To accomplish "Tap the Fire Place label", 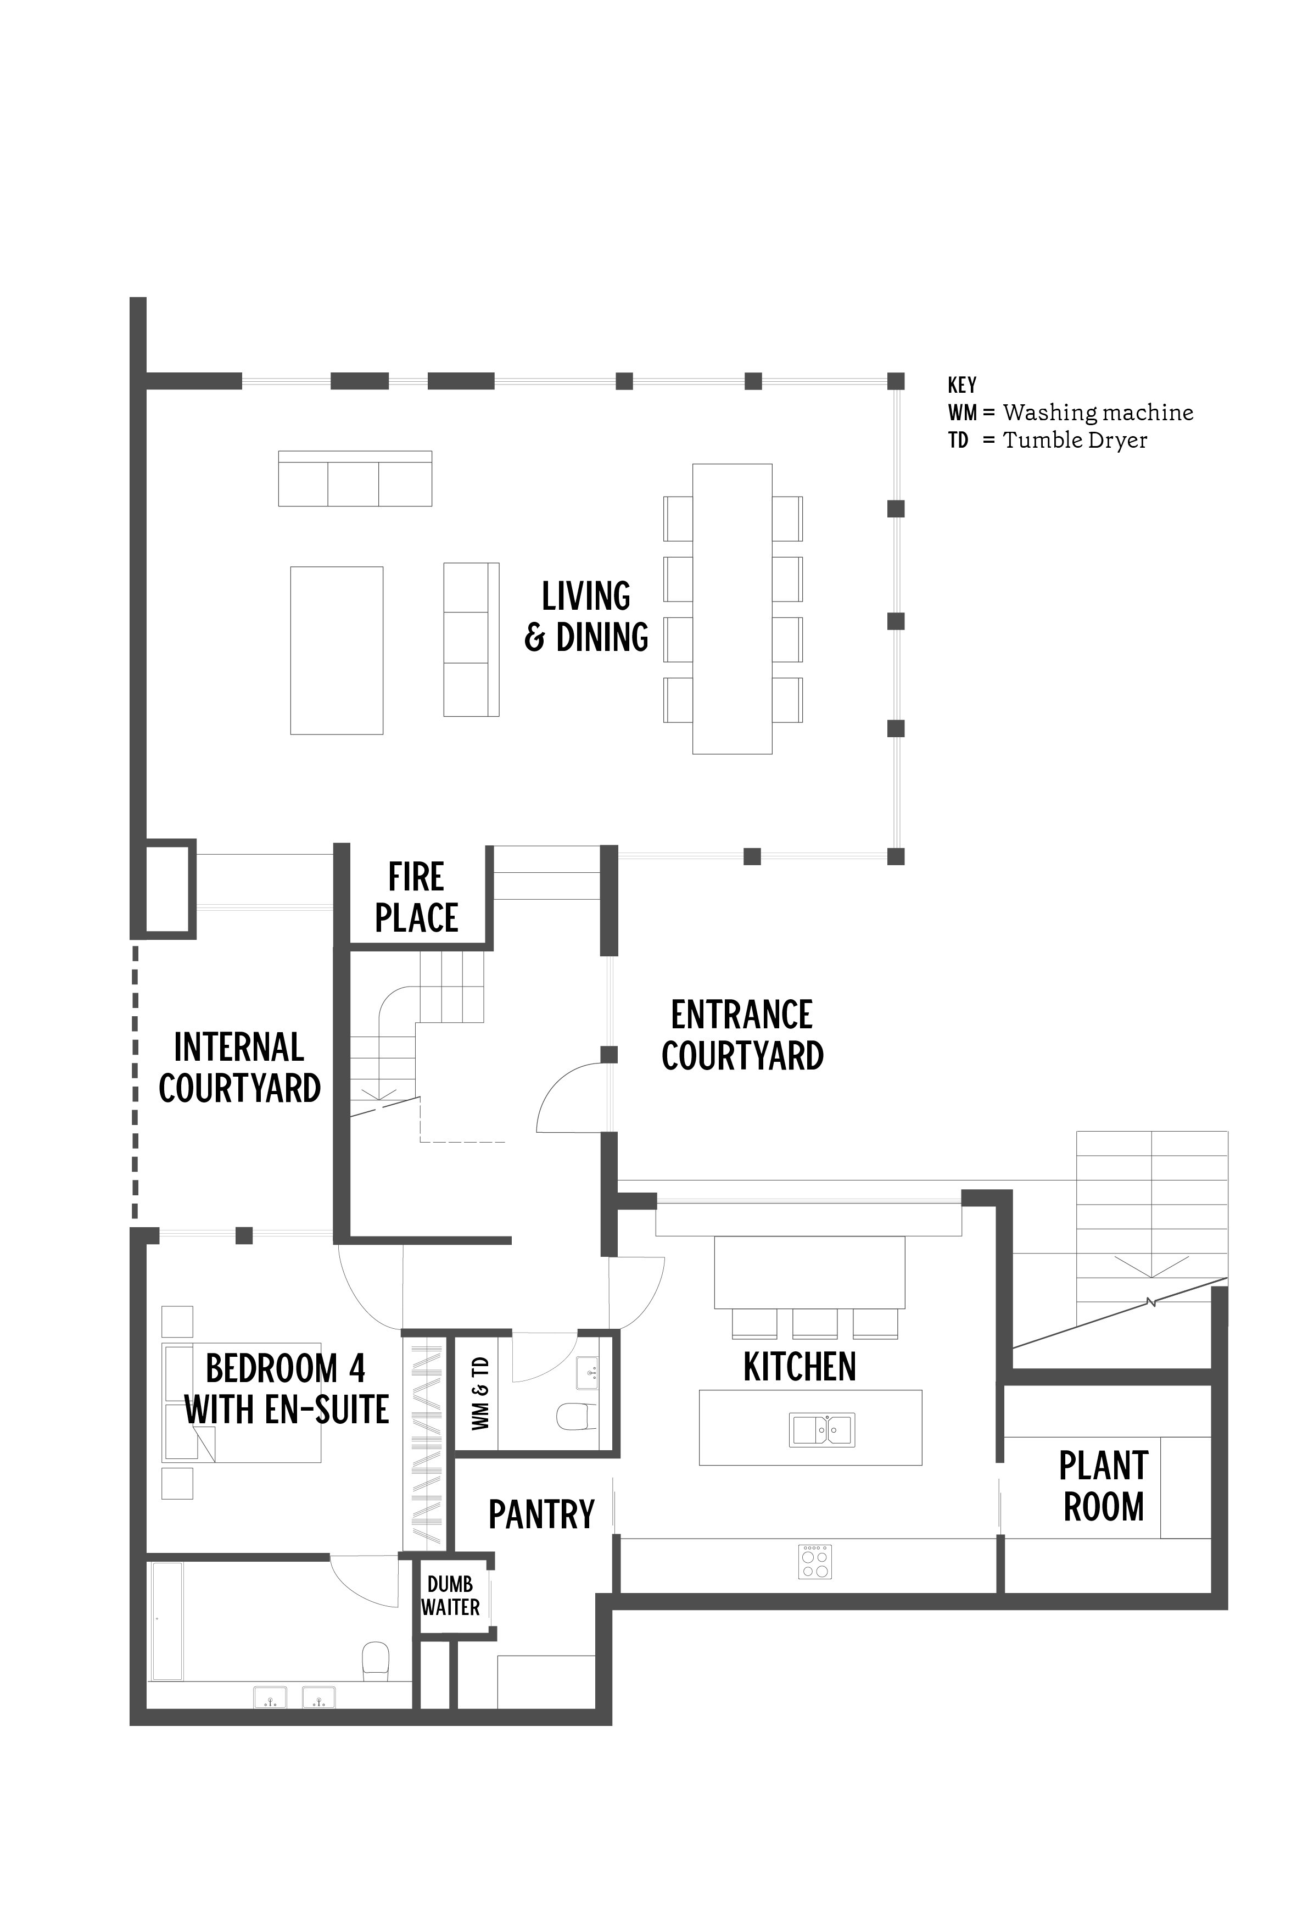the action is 416,898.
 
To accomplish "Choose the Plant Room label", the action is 1104,1487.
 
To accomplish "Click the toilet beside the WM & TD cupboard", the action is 577,1416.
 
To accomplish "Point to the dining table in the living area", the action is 732,609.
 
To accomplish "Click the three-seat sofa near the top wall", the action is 355,478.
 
